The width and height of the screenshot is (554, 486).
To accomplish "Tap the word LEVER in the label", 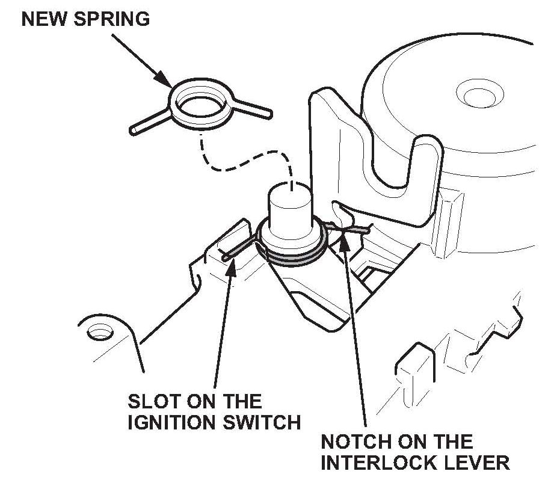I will (x=479, y=463).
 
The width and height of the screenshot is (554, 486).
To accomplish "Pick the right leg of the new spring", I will (x=250, y=108).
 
